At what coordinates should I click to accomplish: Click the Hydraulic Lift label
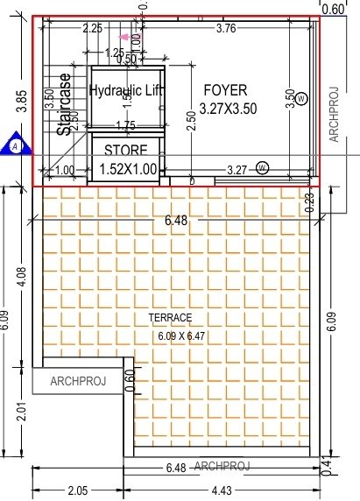tap(127, 90)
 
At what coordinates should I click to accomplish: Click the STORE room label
tap(126, 151)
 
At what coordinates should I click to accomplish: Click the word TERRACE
tap(170, 317)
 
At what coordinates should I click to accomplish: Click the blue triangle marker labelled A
tap(15, 144)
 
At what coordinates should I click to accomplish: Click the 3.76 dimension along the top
tap(225, 29)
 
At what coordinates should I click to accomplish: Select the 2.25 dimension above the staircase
tap(91, 29)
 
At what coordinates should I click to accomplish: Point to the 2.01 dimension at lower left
tap(11, 410)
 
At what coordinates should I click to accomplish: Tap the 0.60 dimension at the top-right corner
tap(333, 10)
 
